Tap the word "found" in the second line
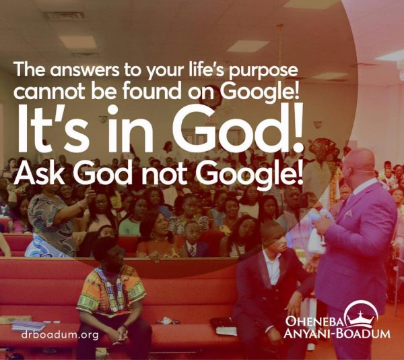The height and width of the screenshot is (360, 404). pos(151,91)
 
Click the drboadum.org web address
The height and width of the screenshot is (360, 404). pos(60,335)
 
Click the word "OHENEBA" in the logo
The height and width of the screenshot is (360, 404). pos(315,322)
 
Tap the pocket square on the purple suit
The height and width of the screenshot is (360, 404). pos(348,214)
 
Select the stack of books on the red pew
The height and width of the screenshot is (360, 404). pos(28,326)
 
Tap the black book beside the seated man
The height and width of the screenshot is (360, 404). pos(223,326)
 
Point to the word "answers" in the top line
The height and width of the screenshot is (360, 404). pos(85,69)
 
